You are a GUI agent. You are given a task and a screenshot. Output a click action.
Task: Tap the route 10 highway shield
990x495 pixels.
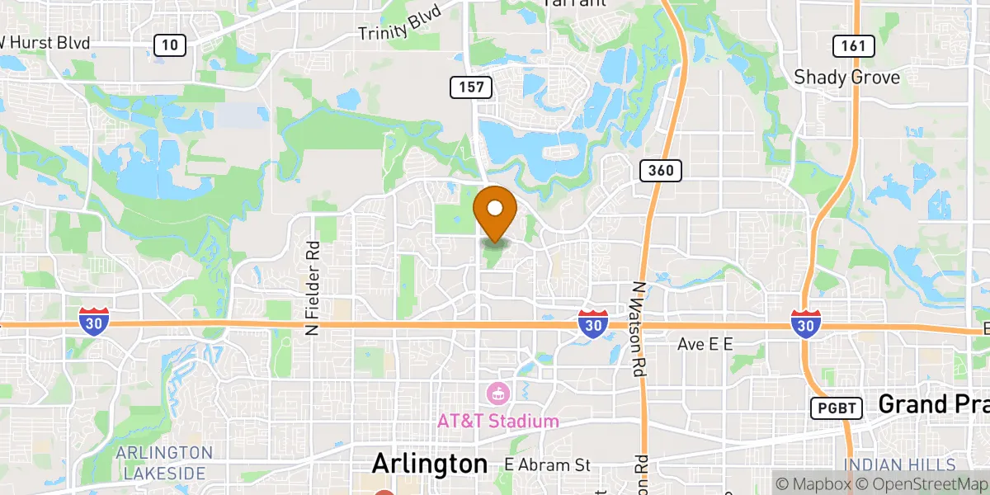[x=169, y=45]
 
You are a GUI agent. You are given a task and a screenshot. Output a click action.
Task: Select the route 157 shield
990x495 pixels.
[x=471, y=87]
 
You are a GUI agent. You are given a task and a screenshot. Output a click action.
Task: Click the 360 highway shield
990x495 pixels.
[x=661, y=171]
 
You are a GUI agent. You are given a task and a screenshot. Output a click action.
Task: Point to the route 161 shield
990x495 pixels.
[x=853, y=45]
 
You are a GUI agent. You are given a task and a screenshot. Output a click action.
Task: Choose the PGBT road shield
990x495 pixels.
[x=837, y=408]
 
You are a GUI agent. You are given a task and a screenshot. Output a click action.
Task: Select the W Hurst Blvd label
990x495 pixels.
[x=45, y=41]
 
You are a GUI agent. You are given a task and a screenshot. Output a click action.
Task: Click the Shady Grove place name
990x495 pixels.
[x=846, y=78]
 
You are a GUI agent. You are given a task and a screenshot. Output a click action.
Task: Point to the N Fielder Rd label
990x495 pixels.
[x=312, y=288]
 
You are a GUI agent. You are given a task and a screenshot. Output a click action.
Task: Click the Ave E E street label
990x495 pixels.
[x=705, y=344]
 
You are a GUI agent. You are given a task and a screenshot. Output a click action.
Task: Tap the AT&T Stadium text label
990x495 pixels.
[x=497, y=422]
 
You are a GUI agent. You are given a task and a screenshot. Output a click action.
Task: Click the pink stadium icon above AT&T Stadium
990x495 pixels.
[x=497, y=392]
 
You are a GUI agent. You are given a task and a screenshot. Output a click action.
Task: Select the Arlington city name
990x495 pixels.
[x=429, y=464]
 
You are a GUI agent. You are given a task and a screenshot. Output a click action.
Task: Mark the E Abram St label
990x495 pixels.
[x=548, y=464]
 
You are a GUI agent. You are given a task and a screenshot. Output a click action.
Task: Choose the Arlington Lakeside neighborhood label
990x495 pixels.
[x=163, y=463]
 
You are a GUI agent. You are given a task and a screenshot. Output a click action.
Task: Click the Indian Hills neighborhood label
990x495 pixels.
[x=898, y=465]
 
